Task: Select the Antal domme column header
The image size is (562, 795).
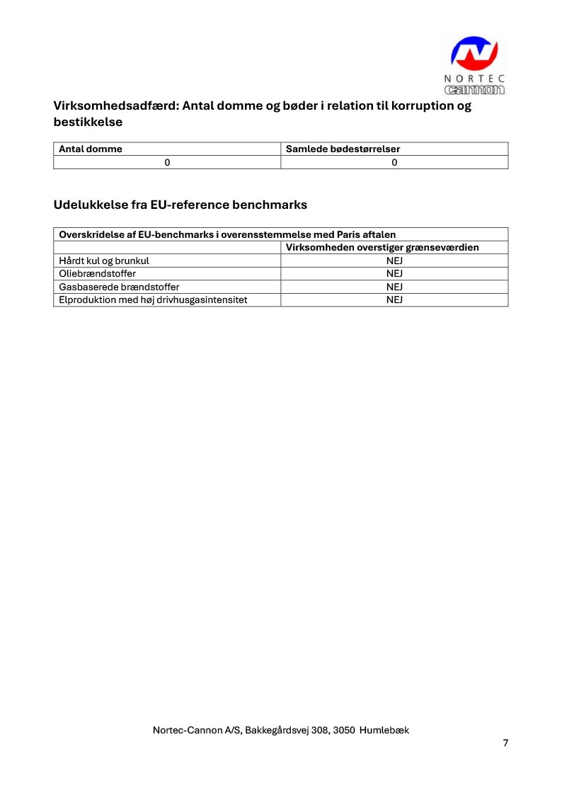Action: tap(91, 149)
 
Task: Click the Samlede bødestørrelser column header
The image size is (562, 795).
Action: tap(343, 149)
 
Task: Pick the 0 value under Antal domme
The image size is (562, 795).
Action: tap(167, 163)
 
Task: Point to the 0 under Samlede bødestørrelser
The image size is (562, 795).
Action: tap(394, 163)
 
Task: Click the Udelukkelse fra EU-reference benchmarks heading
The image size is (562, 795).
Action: tap(180, 205)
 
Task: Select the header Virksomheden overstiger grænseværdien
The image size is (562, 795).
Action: tap(382, 248)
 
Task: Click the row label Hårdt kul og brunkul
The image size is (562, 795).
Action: tap(104, 261)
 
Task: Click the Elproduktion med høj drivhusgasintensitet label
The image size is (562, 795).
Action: tap(153, 300)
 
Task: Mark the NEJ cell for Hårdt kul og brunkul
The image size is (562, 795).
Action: tap(394, 261)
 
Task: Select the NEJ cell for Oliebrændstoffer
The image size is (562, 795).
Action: tap(394, 274)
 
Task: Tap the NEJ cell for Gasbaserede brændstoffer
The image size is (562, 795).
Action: tap(394, 287)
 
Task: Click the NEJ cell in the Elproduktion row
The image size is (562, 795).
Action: tap(394, 300)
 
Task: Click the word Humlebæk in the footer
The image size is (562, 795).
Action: tap(384, 730)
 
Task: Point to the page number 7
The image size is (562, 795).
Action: tap(505, 743)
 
